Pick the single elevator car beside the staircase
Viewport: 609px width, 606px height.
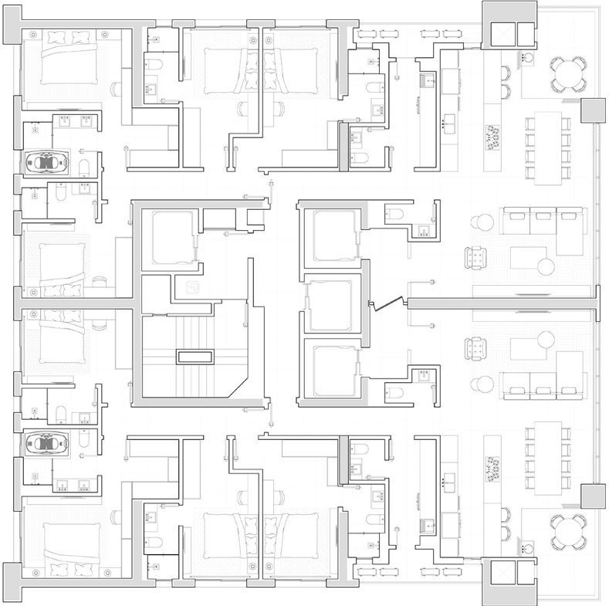[x=174, y=236]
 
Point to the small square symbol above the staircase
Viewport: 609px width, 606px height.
[x=192, y=289]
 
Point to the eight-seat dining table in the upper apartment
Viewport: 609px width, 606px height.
[x=549, y=147]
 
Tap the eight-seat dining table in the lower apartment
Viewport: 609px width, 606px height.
[x=549, y=457]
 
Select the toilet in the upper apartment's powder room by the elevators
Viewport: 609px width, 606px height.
[x=394, y=213]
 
